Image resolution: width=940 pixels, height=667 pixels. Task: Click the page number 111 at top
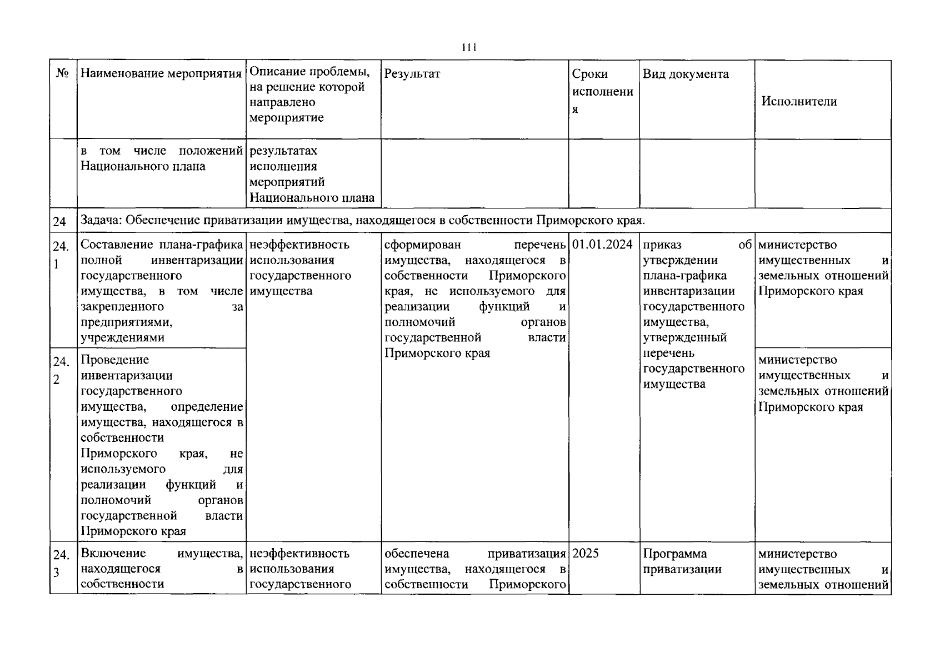pos(469,48)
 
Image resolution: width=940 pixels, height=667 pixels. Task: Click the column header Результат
pos(412,74)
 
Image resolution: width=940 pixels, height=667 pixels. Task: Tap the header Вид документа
pos(686,74)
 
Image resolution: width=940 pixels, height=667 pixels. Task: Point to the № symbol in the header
pos(62,74)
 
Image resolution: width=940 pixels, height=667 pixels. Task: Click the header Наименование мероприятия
pos(161,74)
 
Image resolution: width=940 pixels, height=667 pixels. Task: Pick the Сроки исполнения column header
pos(602,91)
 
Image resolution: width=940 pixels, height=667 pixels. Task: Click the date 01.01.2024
pos(602,245)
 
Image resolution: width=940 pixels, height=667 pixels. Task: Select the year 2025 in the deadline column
pos(586,554)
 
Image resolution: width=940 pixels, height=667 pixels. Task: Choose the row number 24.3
pos(61,563)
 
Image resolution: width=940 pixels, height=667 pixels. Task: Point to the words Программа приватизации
pos(682,561)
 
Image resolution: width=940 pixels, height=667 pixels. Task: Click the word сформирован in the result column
pos(422,245)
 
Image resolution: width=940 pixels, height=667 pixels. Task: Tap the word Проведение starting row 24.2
pos(114,360)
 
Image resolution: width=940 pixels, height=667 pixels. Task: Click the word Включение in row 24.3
pos(114,553)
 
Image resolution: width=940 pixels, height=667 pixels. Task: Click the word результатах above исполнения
pos(283,151)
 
